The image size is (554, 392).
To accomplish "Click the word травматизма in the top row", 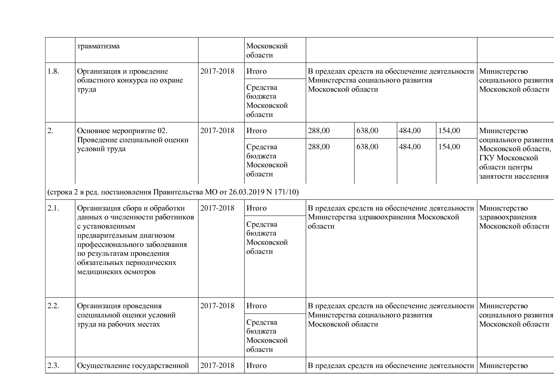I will point(98,46).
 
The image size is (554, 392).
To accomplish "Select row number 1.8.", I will point(53,71).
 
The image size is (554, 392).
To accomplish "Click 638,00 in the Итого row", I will point(367,131).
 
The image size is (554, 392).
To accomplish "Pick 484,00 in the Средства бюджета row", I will point(410,147).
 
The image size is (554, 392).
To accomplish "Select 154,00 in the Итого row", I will point(449,131).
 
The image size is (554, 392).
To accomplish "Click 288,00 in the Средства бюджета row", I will point(319,147).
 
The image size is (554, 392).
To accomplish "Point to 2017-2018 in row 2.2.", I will point(217,306).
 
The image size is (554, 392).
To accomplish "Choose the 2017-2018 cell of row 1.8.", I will point(217,71).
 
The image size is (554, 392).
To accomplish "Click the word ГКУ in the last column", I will point(487,158).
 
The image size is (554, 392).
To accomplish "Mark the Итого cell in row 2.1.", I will point(256,208).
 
